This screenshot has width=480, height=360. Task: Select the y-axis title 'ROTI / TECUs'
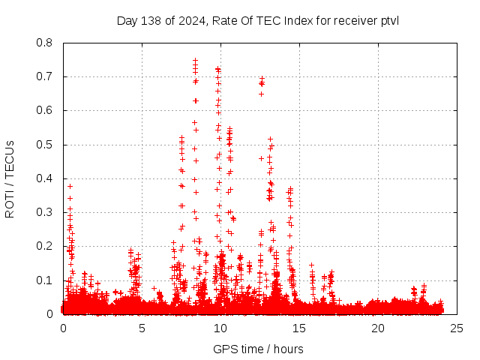(x=10, y=178)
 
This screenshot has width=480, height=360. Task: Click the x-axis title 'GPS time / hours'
(x=258, y=349)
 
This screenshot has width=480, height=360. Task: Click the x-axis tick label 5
(x=142, y=328)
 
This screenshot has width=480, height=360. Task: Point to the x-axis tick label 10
(x=220, y=328)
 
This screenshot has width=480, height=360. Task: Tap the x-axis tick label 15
(x=299, y=328)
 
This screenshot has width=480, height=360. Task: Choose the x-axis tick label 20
(x=378, y=328)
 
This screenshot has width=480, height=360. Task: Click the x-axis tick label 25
(x=457, y=328)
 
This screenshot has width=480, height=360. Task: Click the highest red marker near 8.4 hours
(x=195, y=61)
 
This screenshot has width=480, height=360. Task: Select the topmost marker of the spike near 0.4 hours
(x=70, y=186)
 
